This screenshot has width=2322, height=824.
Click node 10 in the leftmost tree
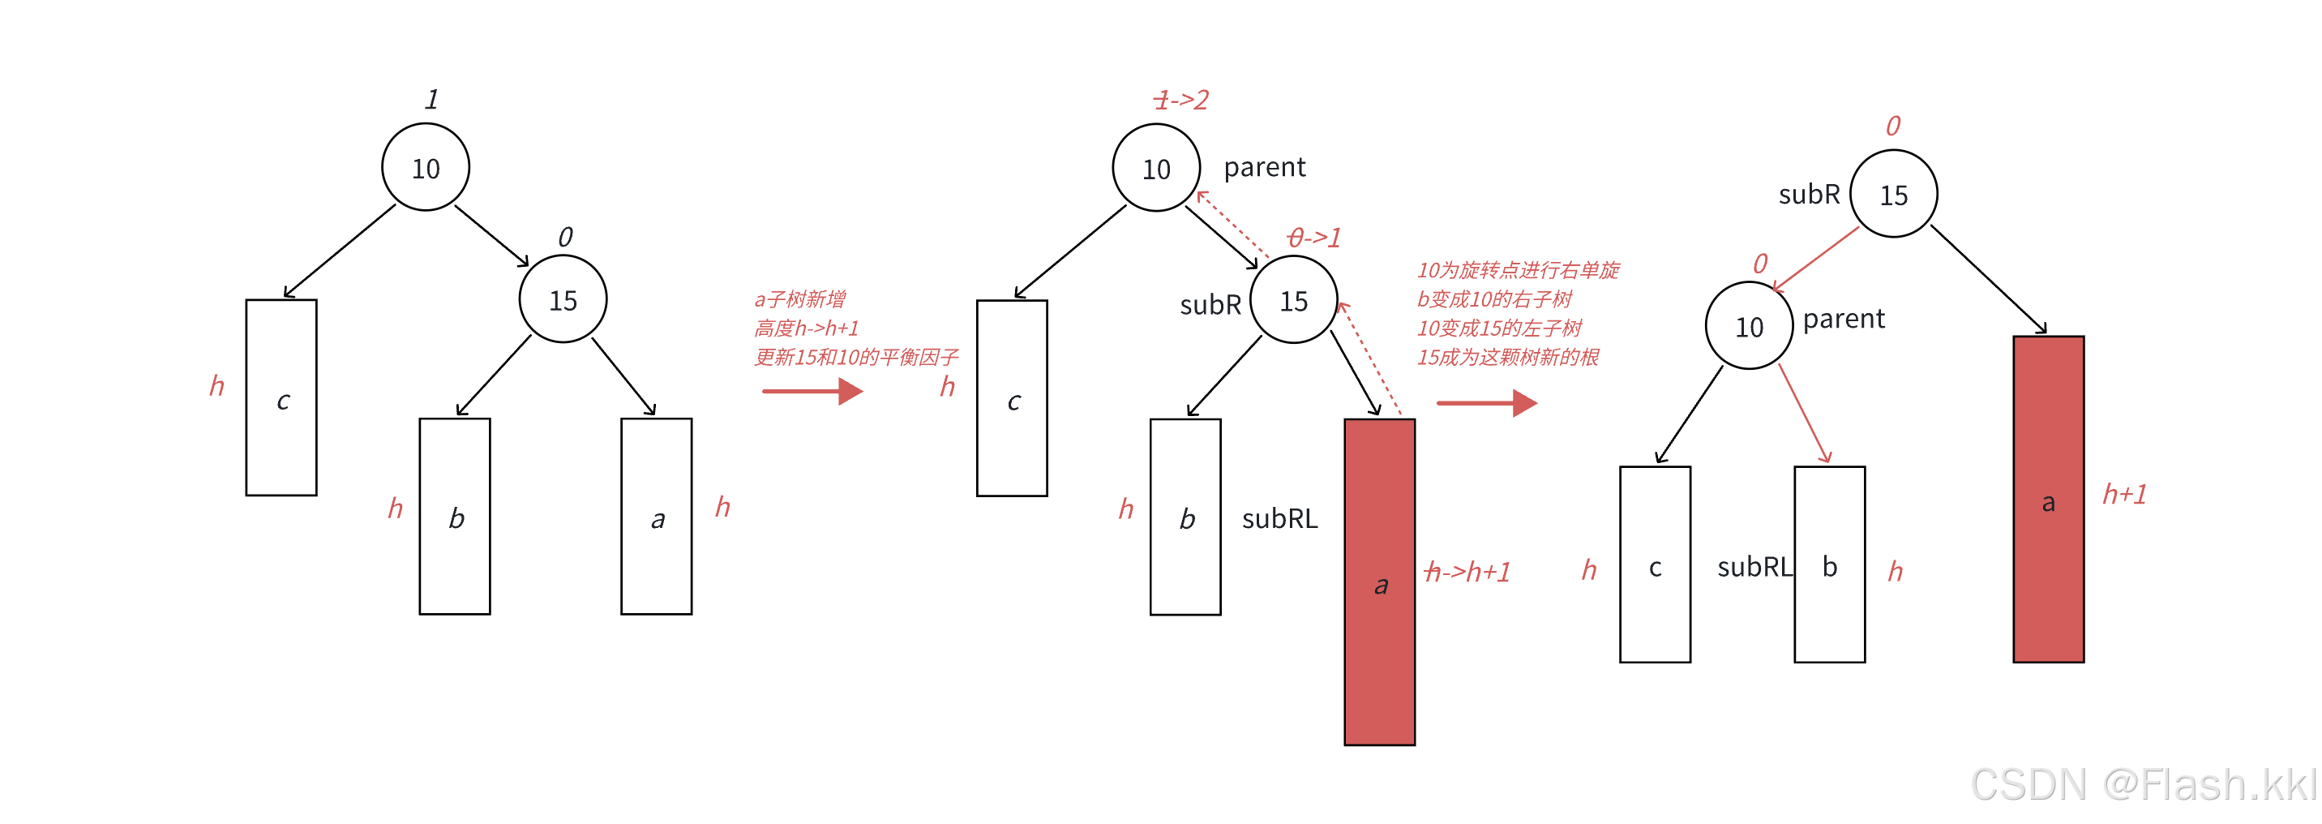coord(426,168)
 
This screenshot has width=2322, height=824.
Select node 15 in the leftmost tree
coord(563,299)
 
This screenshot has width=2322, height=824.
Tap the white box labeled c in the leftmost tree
coord(281,397)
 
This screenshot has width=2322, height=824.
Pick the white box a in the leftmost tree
coord(656,517)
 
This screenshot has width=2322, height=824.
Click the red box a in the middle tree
coord(1379,582)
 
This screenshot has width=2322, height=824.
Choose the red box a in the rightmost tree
coord(2048,500)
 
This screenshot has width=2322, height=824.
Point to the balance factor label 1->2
coord(1180,99)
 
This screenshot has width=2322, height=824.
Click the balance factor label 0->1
coord(1314,237)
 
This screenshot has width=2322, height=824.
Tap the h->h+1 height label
coord(1467,572)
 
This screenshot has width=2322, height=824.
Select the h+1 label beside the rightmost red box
coord(2125,494)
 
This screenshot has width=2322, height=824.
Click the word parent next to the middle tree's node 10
coord(1264,168)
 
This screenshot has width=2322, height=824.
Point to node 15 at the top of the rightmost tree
coord(1893,195)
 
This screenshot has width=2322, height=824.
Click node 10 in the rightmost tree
coord(1749,326)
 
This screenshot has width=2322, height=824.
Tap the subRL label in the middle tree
coord(1279,518)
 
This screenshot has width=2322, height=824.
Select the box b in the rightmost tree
coord(1829,564)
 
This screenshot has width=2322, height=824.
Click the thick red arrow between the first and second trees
coord(812,391)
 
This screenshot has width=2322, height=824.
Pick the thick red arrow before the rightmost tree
coord(1486,403)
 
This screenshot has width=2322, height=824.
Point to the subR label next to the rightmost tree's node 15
coord(1808,195)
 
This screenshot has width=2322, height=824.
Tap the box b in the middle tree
coord(1185,517)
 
